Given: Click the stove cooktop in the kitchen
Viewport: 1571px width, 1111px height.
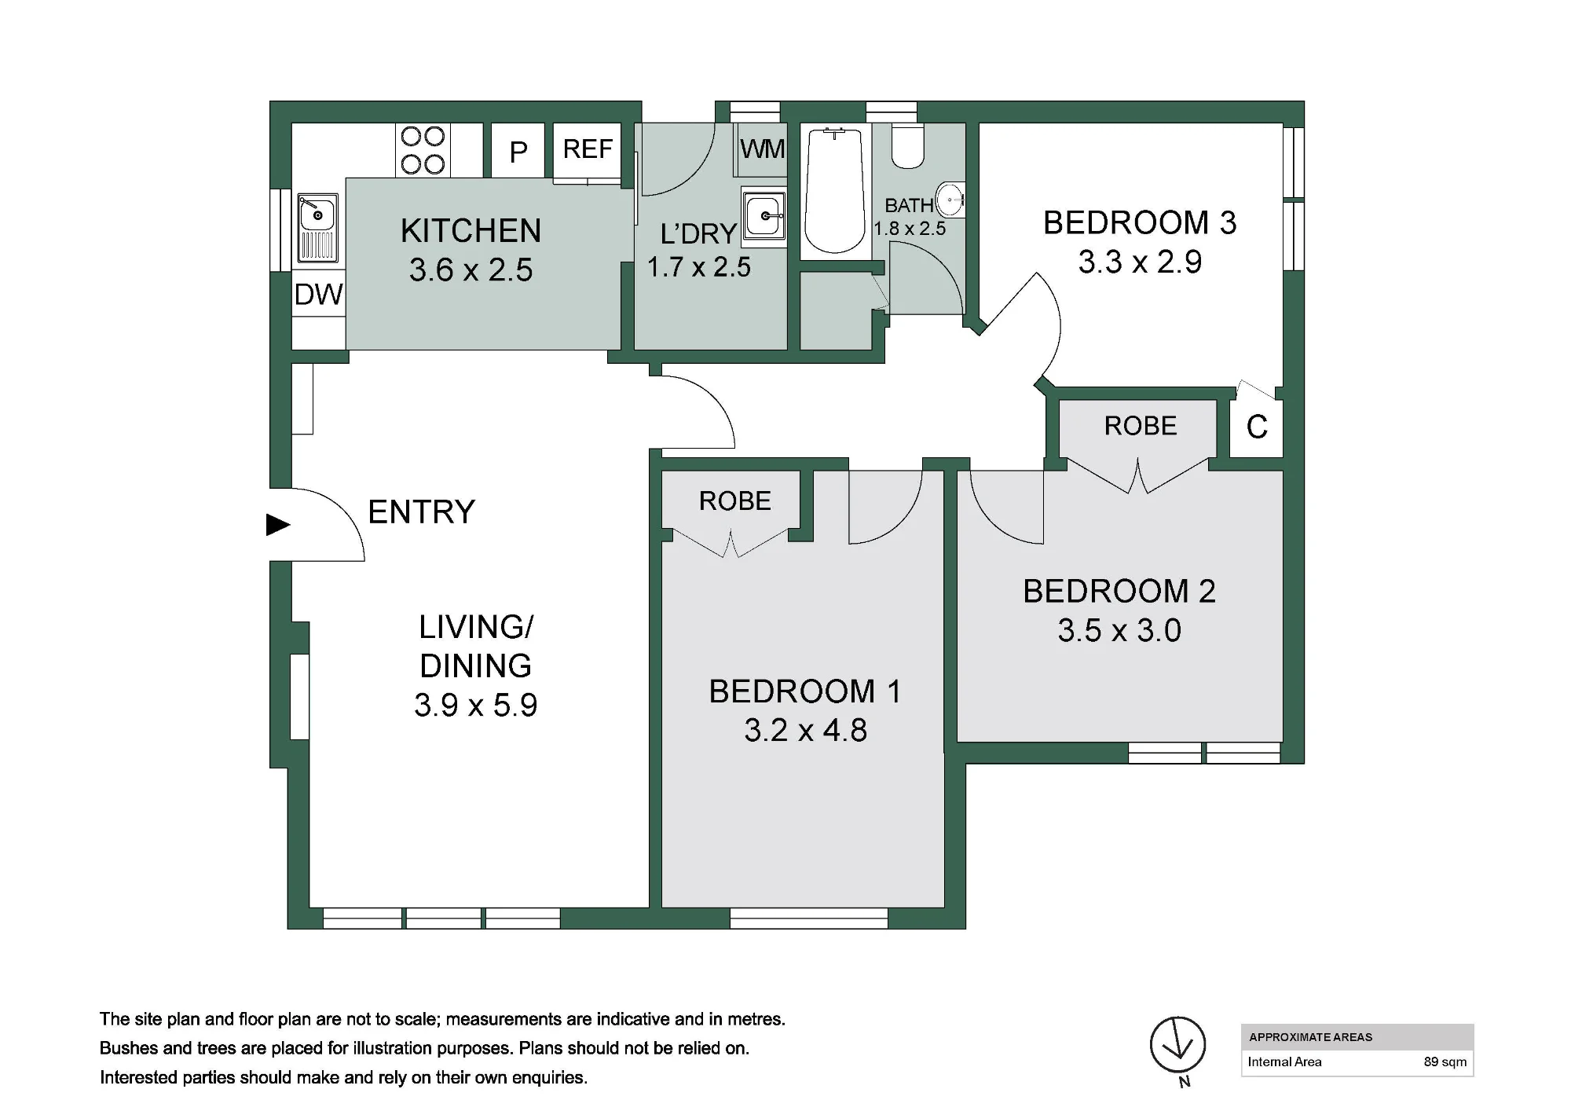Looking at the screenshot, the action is (x=423, y=150).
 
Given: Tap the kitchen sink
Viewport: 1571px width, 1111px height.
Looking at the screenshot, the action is (x=317, y=228).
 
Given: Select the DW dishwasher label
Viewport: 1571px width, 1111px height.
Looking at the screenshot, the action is (x=319, y=295).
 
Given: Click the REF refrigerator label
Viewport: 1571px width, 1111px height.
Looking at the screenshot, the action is (x=588, y=148).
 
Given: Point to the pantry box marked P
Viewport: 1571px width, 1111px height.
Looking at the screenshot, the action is (x=518, y=150).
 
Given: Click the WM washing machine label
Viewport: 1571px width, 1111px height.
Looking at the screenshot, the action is (x=762, y=148).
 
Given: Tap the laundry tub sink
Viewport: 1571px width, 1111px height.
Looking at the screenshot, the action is (x=764, y=216).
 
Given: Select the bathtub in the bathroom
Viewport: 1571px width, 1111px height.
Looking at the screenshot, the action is (x=835, y=191).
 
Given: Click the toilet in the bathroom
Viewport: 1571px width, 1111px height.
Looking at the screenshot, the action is (x=909, y=145).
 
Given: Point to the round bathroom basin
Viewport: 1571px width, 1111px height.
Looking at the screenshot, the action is (x=951, y=200).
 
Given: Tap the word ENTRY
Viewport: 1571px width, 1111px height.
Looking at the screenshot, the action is (x=422, y=512).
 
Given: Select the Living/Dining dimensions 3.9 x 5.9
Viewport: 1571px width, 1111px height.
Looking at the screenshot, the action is (x=476, y=705).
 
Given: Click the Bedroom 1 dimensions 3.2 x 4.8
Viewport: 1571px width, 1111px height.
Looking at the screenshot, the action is (x=806, y=730).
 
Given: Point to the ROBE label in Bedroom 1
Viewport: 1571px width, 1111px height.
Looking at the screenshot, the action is (x=735, y=501).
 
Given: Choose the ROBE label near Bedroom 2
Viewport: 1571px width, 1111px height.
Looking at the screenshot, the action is (x=1141, y=426).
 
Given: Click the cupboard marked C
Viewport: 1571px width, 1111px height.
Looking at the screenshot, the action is (x=1257, y=427).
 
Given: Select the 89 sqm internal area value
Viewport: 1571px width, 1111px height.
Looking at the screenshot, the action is (x=1445, y=1061).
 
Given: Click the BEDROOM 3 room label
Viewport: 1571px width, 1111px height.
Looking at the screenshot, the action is (x=1140, y=223).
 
